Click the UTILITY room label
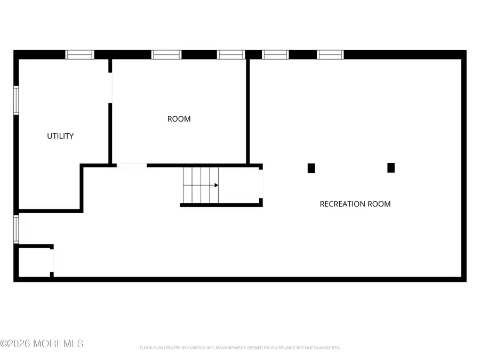pos(60,136)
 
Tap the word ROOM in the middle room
pos(179,119)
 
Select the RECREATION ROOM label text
pos(355,204)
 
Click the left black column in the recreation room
pos(311,167)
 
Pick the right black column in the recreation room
pos(391,167)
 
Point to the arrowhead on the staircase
pos(216,185)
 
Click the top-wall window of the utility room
pos(79,54)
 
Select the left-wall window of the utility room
pos(16,100)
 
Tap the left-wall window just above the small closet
pos(16,229)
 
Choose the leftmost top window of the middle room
pos(166,54)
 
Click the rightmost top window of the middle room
pos(231,54)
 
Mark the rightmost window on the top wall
pos(331,54)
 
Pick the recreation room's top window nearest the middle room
pos(275,54)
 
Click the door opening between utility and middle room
pos(111,88)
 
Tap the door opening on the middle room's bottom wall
pos(132,165)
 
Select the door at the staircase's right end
pos(261,184)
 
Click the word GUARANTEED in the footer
pos(325,348)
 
